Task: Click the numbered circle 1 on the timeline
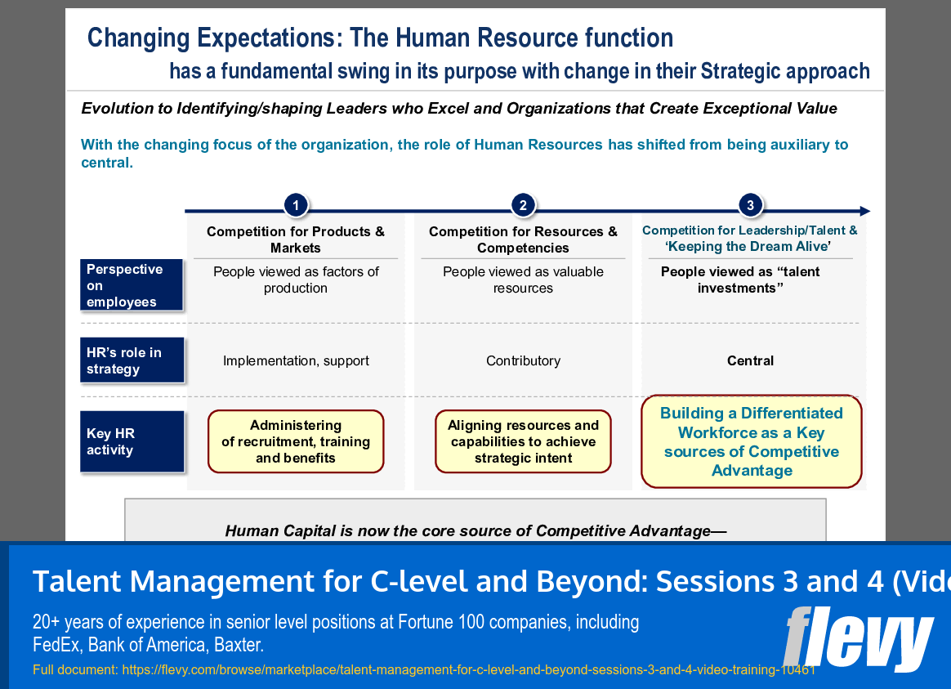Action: pos(296,205)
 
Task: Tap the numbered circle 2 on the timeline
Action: pos(523,205)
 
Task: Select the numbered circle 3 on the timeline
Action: pos(750,205)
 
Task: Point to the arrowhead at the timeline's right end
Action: pos(864,211)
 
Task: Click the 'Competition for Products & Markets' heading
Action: pos(296,239)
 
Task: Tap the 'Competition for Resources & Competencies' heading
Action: pos(523,239)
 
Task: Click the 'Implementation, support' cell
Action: pos(296,360)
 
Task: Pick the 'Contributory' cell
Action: pos(523,360)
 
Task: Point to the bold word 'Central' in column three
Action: pos(750,360)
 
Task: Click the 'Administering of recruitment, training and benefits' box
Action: pos(296,441)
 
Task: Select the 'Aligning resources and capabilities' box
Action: pos(523,441)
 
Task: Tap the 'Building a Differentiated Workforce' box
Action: pos(751,441)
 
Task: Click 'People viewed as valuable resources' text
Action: pos(523,280)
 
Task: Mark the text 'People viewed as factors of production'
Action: pos(296,280)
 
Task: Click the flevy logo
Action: pos(858,638)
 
